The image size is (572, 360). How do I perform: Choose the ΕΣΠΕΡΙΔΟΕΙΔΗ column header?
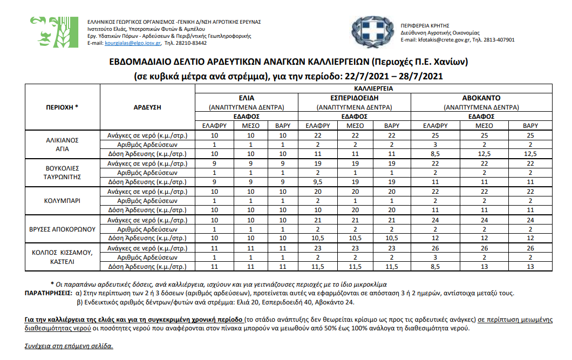pyautogui.click(x=355, y=98)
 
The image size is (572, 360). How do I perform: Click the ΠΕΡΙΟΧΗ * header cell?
pyautogui.click(x=63, y=107)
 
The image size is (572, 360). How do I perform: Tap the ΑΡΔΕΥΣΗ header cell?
pyautogui.click(x=147, y=107)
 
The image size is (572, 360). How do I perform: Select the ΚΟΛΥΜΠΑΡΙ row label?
pyautogui.click(x=63, y=200)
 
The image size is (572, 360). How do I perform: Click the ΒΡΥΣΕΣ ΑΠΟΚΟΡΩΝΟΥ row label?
pyautogui.click(x=63, y=229)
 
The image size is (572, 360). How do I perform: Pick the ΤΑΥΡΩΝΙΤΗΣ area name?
pyautogui.click(x=63, y=176)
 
